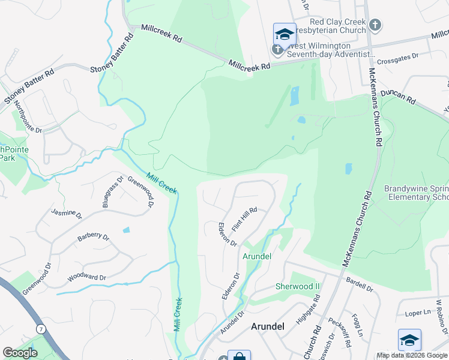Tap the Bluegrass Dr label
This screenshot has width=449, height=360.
click(x=112, y=192)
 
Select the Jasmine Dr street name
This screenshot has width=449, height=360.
click(x=65, y=212)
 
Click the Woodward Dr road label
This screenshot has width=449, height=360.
click(x=87, y=278)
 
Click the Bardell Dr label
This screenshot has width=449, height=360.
click(x=360, y=285)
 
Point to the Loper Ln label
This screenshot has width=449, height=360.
click(x=418, y=313)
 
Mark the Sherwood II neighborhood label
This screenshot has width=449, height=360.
click(x=298, y=286)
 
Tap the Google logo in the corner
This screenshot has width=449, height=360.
click(x=20, y=353)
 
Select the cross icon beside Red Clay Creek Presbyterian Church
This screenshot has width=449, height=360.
click(x=375, y=25)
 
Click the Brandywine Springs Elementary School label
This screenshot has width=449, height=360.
click(x=417, y=193)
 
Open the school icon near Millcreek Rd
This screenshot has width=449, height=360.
click(x=285, y=34)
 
